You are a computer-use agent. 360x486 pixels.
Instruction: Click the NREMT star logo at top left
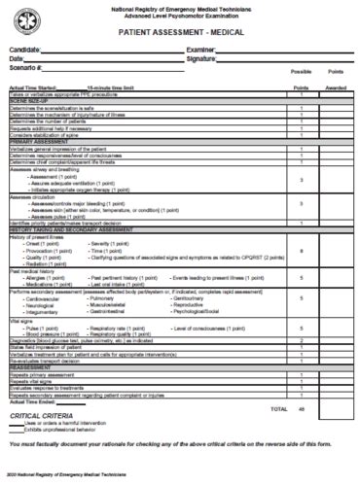27,19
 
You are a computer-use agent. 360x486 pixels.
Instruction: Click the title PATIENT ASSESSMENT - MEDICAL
179,32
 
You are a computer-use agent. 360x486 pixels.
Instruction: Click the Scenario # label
27,68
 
